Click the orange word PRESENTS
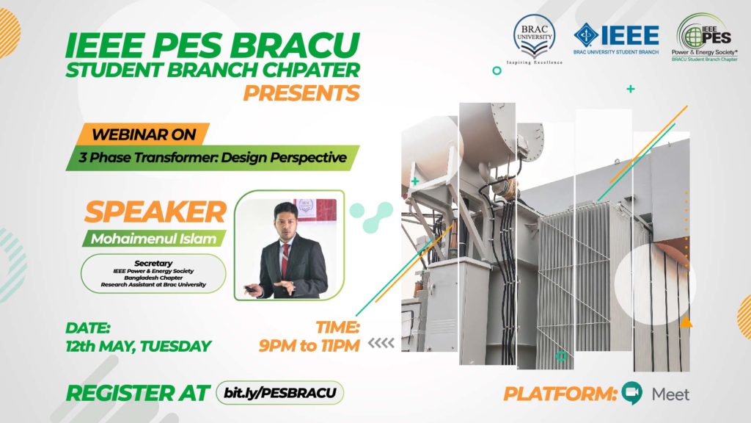301,93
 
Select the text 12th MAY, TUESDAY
138,346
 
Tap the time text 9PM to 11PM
308,346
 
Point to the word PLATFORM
560,394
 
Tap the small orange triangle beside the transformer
686,322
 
